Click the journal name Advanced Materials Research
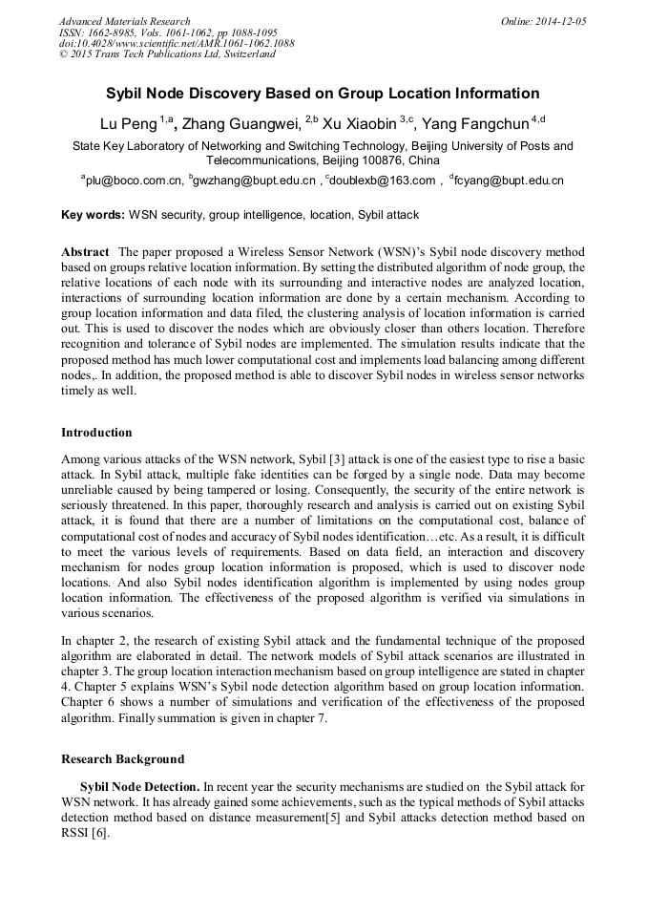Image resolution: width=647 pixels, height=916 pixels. click(x=124, y=21)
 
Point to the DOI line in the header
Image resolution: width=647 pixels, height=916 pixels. click(x=177, y=43)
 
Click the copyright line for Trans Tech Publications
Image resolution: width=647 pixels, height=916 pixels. click(x=167, y=54)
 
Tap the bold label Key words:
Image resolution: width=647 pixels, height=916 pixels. click(x=93, y=215)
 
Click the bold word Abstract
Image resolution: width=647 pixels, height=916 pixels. click(x=85, y=251)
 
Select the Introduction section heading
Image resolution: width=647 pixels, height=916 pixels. click(x=96, y=433)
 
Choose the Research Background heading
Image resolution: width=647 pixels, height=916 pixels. click(x=122, y=759)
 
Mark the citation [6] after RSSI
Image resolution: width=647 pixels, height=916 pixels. click(x=99, y=833)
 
